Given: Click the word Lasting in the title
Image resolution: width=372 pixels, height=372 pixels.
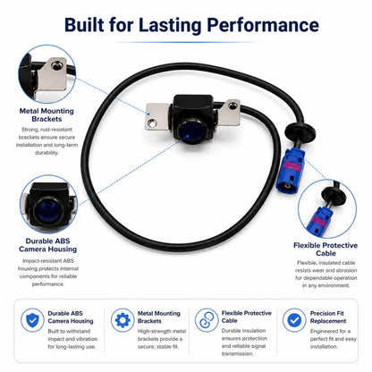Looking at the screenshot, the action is pyautogui.click(x=170, y=25).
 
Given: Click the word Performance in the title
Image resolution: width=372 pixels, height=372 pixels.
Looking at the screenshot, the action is pyautogui.click(x=263, y=24).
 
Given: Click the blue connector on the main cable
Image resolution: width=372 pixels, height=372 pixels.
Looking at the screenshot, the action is pyautogui.click(x=290, y=170).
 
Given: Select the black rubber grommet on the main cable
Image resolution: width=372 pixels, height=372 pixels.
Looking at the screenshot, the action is pyautogui.click(x=300, y=131).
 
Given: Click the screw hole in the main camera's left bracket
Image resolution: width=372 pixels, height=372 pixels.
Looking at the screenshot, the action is pyautogui.click(x=152, y=122).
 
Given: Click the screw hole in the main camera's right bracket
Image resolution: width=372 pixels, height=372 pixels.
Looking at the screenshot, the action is pyautogui.click(x=232, y=105).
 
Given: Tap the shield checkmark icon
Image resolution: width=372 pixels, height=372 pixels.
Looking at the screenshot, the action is pyautogui.click(x=32, y=320).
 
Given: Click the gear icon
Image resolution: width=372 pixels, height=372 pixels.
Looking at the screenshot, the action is pyautogui.click(x=123, y=320).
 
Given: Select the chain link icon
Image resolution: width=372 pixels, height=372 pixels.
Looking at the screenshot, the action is pyautogui.click(x=207, y=320).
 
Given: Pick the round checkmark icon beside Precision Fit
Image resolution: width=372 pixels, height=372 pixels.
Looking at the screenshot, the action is pyautogui.click(x=294, y=320).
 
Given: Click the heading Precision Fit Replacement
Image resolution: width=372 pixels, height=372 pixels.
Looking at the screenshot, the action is pyautogui.click(x=327, y=317).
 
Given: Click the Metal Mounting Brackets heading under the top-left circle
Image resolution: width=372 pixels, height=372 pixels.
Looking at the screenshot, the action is pyautogui.click(x=46, y=115).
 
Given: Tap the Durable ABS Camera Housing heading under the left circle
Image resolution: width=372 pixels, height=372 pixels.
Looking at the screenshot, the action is pyautogui.click(x=47, y=245).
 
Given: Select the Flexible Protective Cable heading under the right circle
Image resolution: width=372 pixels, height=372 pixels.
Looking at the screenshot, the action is pyautogui.click(x=325, y=249).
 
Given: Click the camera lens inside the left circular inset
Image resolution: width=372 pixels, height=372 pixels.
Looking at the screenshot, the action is pyautogui.click(x=47, y=211).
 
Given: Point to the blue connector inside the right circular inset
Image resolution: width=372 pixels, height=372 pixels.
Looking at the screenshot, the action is pyautogui.click(x=319, y=220).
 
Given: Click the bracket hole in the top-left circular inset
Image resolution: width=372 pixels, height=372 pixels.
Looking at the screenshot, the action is pyautogui.click(x=56, y=65).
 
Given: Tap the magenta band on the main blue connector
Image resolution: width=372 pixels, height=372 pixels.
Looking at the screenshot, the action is pyautogui.click(x=292, y=165).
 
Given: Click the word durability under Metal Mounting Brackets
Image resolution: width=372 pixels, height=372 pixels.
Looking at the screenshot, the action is pyautogui.click(x=46, y=153).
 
